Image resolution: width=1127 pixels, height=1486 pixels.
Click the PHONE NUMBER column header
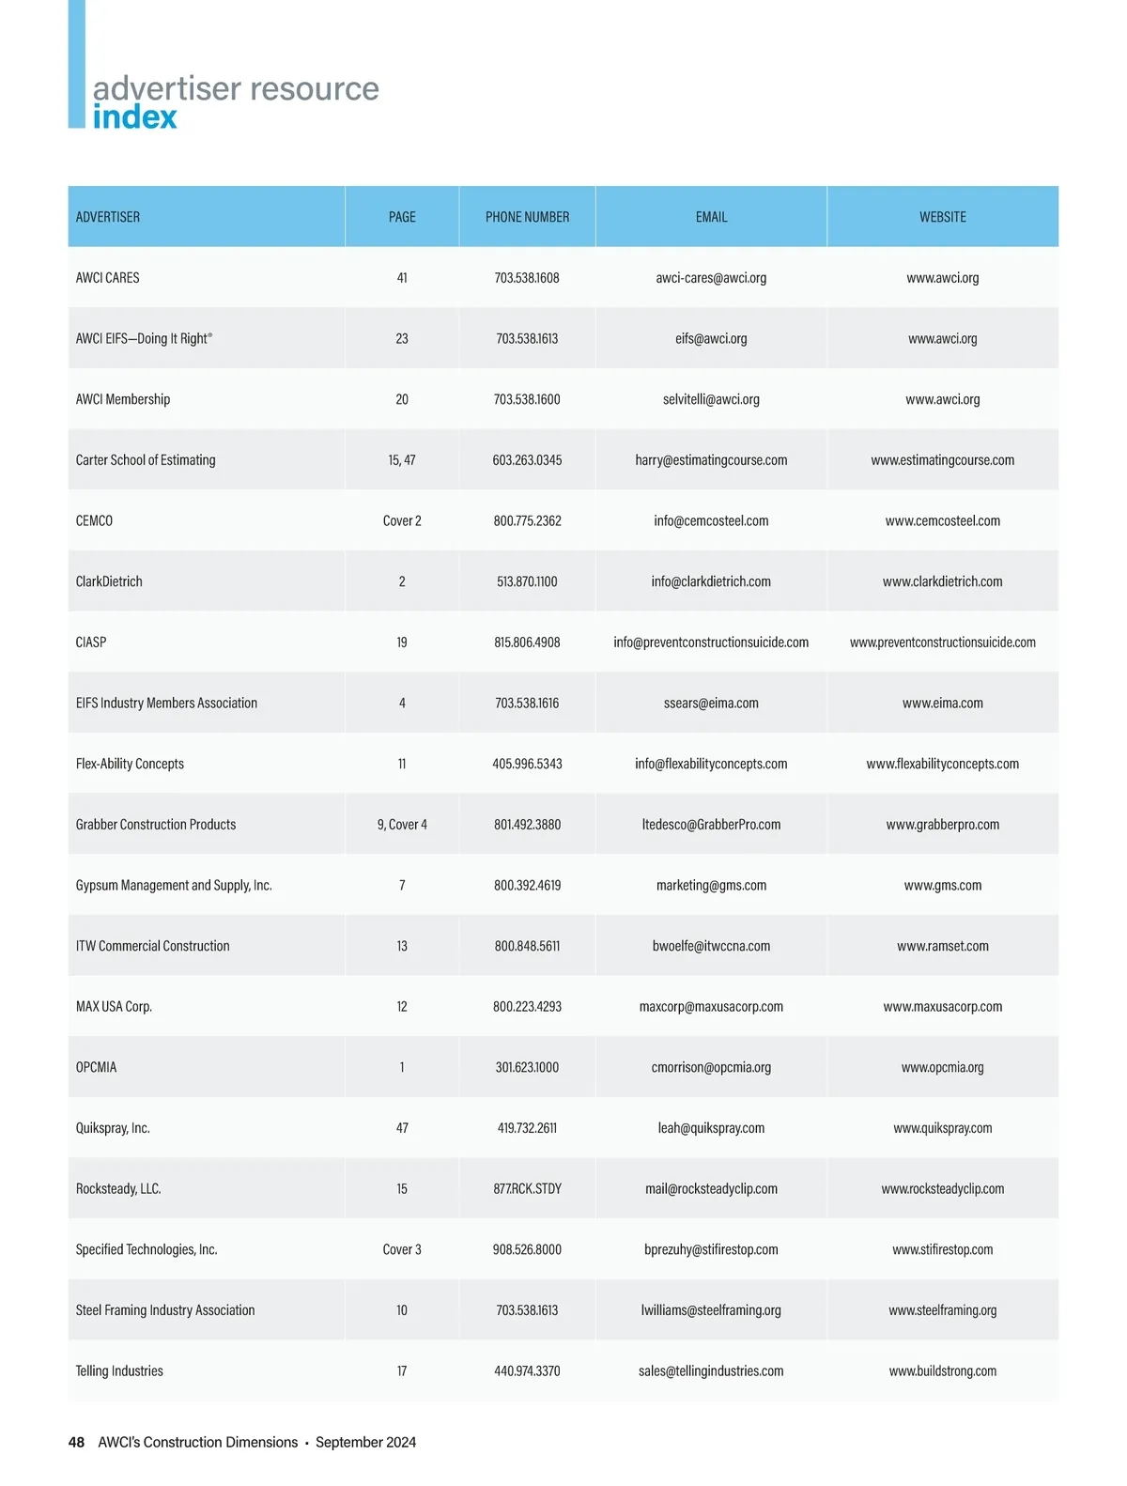527,217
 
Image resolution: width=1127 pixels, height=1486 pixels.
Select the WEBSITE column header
942,217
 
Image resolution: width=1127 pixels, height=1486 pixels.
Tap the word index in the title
134,117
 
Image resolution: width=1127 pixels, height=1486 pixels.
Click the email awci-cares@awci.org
711,278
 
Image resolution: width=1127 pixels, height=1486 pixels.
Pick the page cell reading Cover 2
402,520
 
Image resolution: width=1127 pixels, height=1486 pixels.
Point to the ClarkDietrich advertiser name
109,581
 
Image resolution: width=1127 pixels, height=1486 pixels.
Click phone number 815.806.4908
527,642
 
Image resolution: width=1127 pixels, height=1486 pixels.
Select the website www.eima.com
942,703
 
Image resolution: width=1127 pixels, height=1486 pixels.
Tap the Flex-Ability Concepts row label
130,764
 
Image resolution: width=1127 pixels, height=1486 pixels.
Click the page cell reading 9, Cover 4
402,825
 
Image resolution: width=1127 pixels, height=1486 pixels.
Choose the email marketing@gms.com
711,885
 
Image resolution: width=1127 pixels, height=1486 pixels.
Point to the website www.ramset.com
942,946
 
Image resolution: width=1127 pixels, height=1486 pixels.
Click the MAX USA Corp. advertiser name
114,1007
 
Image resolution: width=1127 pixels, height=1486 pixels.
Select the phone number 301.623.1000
527,1067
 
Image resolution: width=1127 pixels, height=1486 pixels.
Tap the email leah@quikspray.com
711,1128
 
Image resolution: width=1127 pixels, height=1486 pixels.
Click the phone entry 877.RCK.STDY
527,1189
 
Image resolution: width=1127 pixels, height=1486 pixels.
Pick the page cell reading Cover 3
402,1249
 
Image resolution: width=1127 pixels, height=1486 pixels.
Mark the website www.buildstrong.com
942,1371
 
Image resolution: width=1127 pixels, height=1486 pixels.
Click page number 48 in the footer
76,1442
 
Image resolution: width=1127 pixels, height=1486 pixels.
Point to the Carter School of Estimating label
146,460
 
